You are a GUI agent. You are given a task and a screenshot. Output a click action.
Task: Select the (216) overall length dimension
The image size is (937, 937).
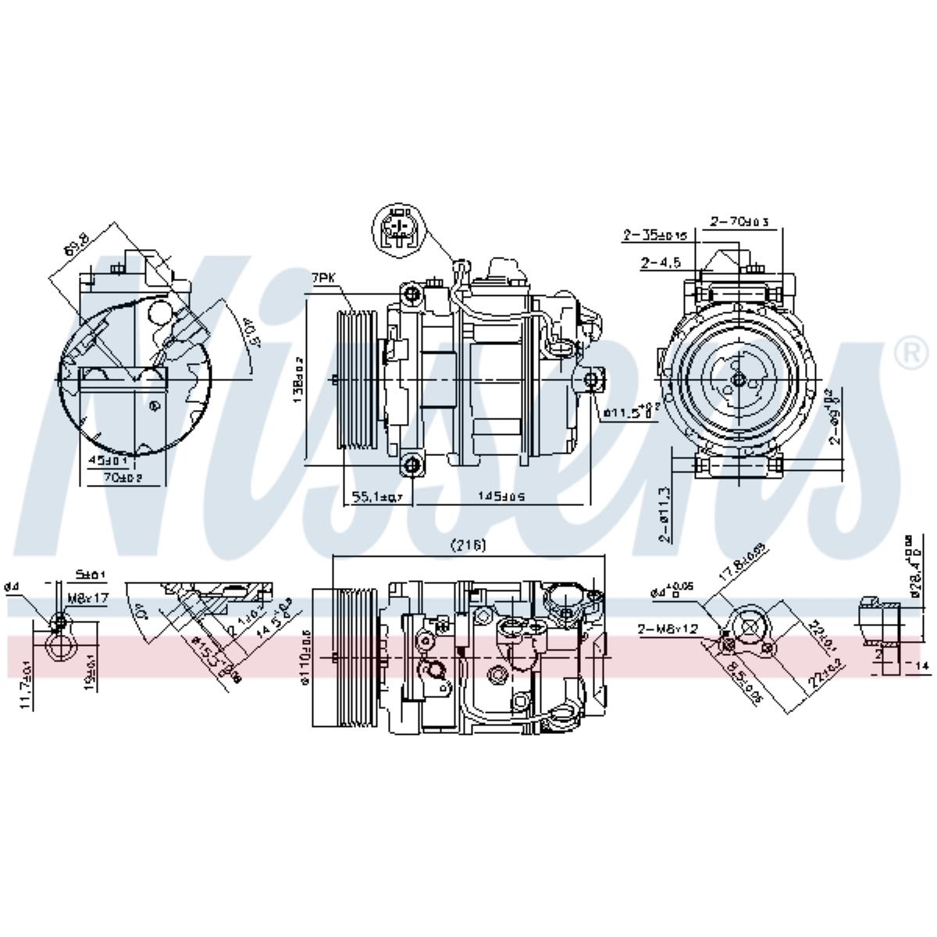click(470, 546)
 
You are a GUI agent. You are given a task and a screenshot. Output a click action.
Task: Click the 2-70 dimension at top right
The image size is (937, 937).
click(739, 223)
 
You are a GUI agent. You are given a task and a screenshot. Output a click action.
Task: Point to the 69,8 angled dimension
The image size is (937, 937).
click(77, 248)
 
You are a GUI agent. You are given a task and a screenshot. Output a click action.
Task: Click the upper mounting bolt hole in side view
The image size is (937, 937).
click(411, 294)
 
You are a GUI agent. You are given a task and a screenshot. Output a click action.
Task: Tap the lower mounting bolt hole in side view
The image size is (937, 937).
click(411, 466)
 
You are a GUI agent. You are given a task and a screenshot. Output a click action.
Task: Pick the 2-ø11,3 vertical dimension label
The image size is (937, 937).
click(664, 515)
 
